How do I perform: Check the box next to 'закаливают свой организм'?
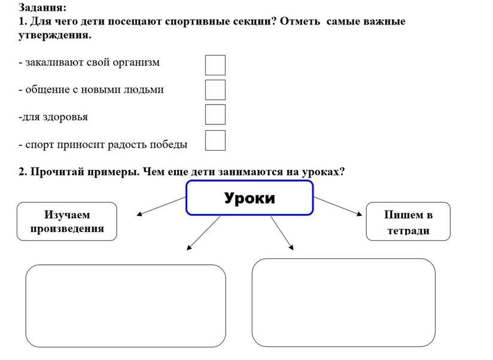[215, 65]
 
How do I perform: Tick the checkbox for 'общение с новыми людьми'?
[215, 90]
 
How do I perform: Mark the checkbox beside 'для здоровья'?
[215, 114]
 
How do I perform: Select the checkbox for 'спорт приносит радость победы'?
[215, 141]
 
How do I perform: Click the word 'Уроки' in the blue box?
[249, 198]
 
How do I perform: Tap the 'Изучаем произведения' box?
[66, 221]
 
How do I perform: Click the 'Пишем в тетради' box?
[408, 222]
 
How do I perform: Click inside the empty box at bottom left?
[125, 306]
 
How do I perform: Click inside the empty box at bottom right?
[343, 302]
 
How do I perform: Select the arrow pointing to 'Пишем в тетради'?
[338, 205]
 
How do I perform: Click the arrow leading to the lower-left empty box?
[204, 233]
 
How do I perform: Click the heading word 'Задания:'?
[42, 8]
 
